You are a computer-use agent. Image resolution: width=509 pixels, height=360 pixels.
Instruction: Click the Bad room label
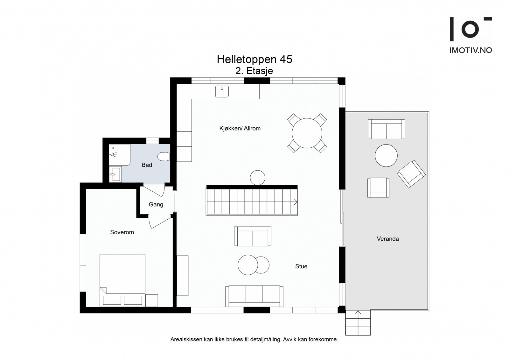coord(147,165)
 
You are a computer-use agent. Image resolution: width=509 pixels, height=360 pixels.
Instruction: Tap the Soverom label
coord(122,232)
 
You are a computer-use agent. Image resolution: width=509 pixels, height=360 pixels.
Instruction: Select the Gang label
coord(156,204)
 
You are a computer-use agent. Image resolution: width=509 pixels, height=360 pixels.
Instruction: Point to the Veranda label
coord(388,239)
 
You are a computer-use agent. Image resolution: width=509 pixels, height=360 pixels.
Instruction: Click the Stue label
coord(301,266)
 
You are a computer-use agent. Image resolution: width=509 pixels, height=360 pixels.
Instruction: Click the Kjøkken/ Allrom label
coord(240,128)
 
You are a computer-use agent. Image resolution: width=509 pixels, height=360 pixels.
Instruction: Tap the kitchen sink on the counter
coord(222,91)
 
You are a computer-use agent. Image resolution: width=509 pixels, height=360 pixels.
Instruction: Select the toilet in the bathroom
coord(164,156)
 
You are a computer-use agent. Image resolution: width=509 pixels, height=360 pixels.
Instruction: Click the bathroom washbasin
coord(115,174)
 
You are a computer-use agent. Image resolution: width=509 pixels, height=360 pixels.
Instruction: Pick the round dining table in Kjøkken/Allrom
coord(307,133)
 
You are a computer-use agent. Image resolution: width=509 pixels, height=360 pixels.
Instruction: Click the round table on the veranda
coord(386,156)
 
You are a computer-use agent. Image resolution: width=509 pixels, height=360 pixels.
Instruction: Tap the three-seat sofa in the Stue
coord(254,296)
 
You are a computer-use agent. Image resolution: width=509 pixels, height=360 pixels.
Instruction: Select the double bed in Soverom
coord(122,280)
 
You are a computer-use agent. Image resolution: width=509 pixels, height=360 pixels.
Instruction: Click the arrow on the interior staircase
coord(296,202)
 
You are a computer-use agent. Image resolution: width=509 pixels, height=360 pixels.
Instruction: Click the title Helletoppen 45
coord(254,59)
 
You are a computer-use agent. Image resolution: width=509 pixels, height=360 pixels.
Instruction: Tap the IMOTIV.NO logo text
coord(471,50)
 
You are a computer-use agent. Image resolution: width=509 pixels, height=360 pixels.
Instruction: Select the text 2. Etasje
coord(254,71)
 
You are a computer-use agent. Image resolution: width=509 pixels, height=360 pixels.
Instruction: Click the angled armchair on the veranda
coord(411,174)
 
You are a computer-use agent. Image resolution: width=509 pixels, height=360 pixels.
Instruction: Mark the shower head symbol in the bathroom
coord(113,155)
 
